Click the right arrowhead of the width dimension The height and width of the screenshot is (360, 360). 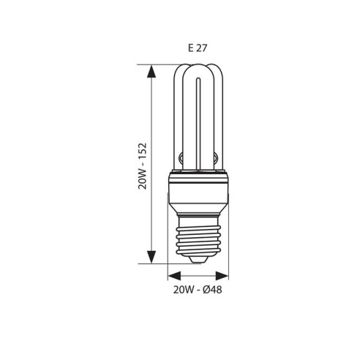point(223,277)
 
